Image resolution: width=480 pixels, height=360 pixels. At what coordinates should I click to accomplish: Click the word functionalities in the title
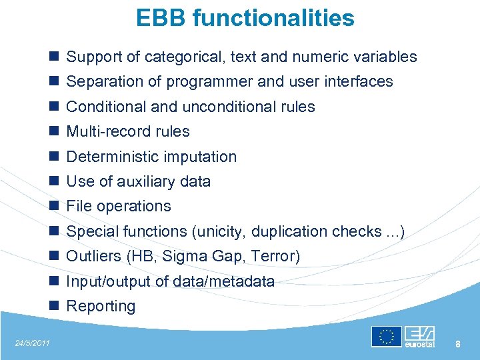pos(273,18)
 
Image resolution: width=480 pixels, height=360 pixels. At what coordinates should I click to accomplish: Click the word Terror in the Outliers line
pos(275,257)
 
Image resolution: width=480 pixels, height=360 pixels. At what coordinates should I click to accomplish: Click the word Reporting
pos(101,307)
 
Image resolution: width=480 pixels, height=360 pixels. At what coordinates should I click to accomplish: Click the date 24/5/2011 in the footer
pos(32,343)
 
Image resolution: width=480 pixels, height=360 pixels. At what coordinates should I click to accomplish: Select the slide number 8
pos(458,344)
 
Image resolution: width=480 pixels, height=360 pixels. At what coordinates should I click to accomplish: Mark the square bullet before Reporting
pos(54,307)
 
